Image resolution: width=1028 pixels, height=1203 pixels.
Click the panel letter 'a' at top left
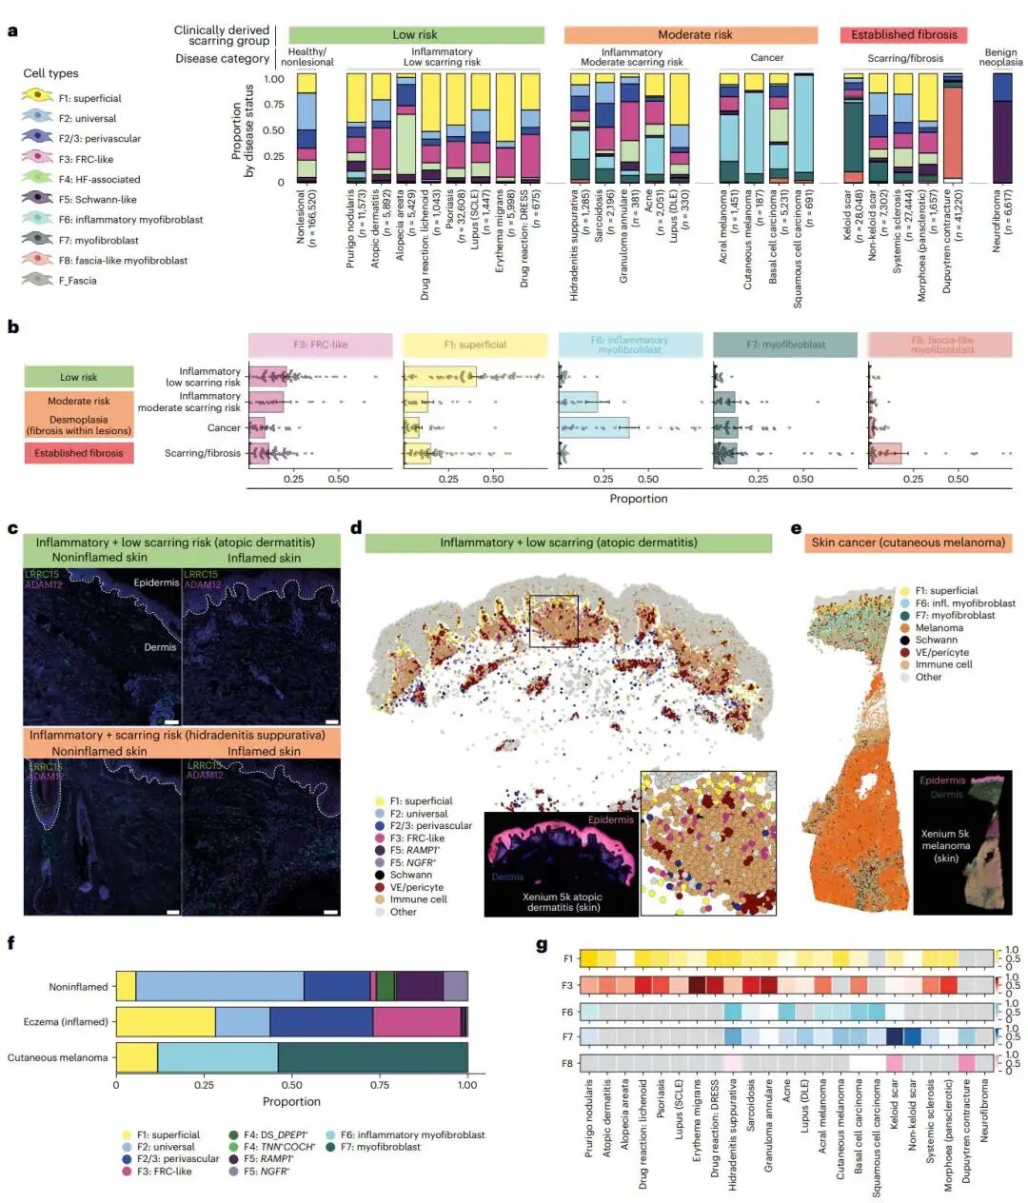click(12, 30)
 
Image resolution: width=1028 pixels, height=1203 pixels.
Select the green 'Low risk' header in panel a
click(416, 35)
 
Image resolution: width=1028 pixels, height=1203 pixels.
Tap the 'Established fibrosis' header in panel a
click(903, 35)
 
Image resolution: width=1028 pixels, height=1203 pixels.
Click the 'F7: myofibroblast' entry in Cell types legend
click(97, 241)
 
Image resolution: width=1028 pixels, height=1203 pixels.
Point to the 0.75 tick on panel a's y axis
click(273, 105)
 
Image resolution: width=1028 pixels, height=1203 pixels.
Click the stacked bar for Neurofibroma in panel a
click(1002, 128)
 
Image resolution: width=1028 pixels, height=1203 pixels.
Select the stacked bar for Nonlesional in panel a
click(306, 128)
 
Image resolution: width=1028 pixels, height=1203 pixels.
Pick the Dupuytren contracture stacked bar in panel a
click(953, 128)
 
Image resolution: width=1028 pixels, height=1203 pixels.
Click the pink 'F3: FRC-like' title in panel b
click(320, 345)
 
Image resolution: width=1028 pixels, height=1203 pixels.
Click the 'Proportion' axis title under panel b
click(638, 499)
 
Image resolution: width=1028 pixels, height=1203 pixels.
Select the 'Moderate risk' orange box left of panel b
click(79, 401)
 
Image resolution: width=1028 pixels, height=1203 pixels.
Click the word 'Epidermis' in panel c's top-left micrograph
click(156, 582)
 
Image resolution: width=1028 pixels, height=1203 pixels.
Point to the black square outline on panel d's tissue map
click(553, 621)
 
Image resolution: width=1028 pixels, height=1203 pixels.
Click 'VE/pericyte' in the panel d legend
click(416, 887)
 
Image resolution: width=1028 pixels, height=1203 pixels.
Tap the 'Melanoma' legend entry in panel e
click(939, 628)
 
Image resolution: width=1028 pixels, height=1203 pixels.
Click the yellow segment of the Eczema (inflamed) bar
click(166, 1022)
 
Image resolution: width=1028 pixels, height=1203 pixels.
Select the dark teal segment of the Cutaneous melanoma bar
click(372, 1057)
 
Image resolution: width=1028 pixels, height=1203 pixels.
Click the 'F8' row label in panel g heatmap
click(567, 1062)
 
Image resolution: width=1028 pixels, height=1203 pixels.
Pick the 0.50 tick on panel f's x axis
click(291, 1085)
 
